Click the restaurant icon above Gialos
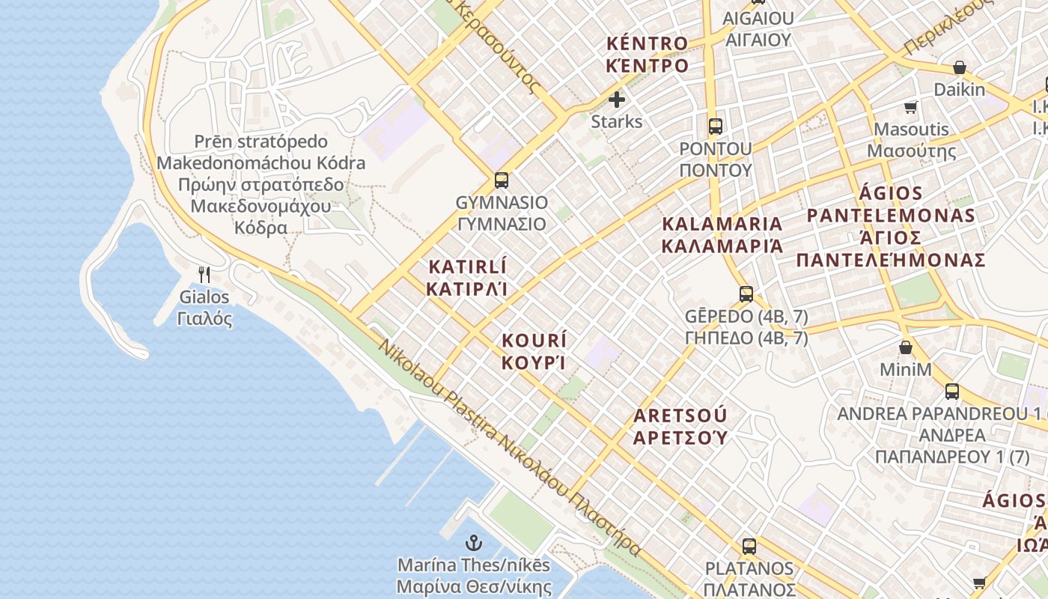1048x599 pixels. [204, 275]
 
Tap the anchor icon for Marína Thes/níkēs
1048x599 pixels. [474, 543]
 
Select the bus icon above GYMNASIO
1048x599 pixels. [502, 180]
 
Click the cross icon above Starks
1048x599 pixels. [617, 100]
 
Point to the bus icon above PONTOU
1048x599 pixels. [716, 126]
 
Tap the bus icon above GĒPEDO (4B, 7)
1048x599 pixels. [746, 294]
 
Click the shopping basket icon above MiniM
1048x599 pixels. [906, 347]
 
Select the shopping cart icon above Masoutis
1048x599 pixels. [911, 107]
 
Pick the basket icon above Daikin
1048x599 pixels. [959, 68]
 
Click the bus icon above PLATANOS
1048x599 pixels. [749, 546]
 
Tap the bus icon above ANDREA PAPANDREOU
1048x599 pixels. [952, 391]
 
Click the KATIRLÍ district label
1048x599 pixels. [467, 278]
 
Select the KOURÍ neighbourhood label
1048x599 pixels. [534, 351]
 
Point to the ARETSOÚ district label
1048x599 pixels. [680, 426]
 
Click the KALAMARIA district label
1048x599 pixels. [722, 234]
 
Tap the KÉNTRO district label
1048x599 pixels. [648, 54]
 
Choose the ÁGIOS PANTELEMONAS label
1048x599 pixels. [890, 227]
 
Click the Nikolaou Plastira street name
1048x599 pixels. [509, 449]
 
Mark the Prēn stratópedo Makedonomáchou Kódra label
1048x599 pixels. [261, 184]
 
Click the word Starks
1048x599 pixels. [617, 121]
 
